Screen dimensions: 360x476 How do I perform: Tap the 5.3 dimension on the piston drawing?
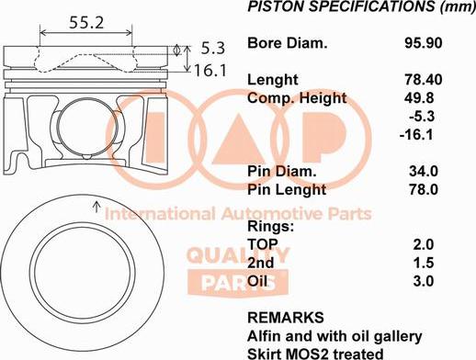[212, 47]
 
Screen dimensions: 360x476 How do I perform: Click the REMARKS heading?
[285, 318]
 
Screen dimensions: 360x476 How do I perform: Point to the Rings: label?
[271, 226]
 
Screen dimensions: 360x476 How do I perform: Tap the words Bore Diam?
[288, 43]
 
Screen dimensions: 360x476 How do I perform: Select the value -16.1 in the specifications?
[420, 134]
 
